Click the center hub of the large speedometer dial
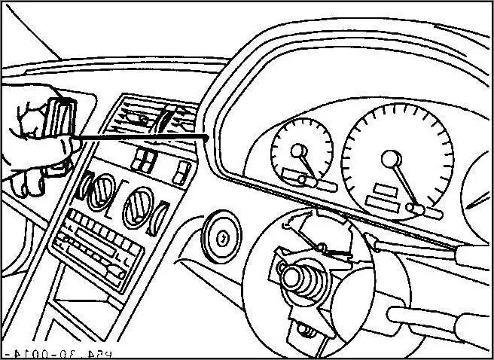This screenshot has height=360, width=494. [x=391, y=158]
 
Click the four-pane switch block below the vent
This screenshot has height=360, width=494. [x=144, y=160]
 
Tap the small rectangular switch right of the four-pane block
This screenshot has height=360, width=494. [x=181, y=174]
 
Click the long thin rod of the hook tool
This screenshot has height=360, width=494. [x=143, y=136]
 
